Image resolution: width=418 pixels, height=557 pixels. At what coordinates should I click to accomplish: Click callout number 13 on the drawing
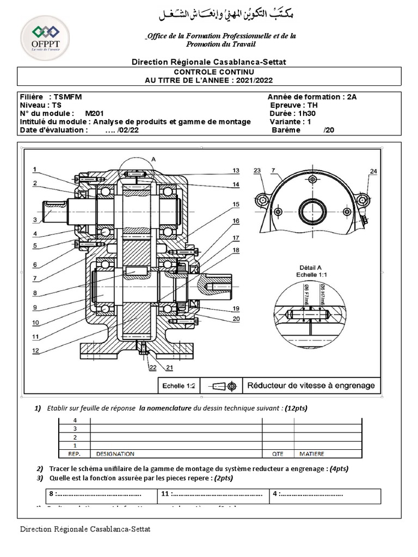tap(236, 171)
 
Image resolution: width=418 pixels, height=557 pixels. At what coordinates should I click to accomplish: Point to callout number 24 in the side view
tap(373, 171)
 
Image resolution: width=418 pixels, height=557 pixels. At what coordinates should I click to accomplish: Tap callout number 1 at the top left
tap(34, 169)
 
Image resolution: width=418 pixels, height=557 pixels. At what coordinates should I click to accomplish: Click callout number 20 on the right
tap(236, 319)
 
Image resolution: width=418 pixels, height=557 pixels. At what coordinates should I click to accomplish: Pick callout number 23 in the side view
tap(257, 171)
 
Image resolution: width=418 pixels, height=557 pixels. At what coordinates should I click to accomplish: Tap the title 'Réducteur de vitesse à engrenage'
tap(311, 386)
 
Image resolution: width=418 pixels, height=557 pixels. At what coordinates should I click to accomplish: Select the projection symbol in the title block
tap(224, 386)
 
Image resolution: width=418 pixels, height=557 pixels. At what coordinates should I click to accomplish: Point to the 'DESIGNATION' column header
tap(115, 454)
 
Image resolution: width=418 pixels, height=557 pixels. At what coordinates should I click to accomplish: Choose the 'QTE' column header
tap(278, 454)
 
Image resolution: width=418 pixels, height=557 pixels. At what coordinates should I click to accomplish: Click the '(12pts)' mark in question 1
tap(296, 408)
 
